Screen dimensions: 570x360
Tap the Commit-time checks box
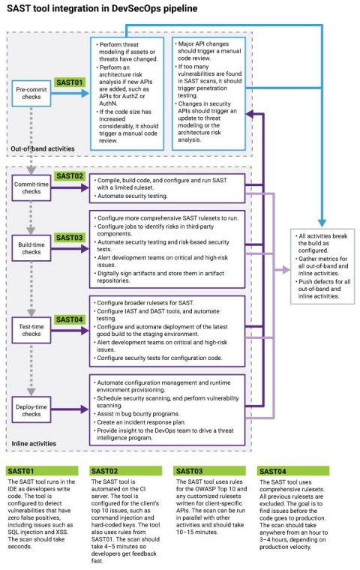point(31,184)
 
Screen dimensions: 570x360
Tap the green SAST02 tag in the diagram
point(70,175)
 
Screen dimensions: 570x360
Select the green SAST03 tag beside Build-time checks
point(70,237)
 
